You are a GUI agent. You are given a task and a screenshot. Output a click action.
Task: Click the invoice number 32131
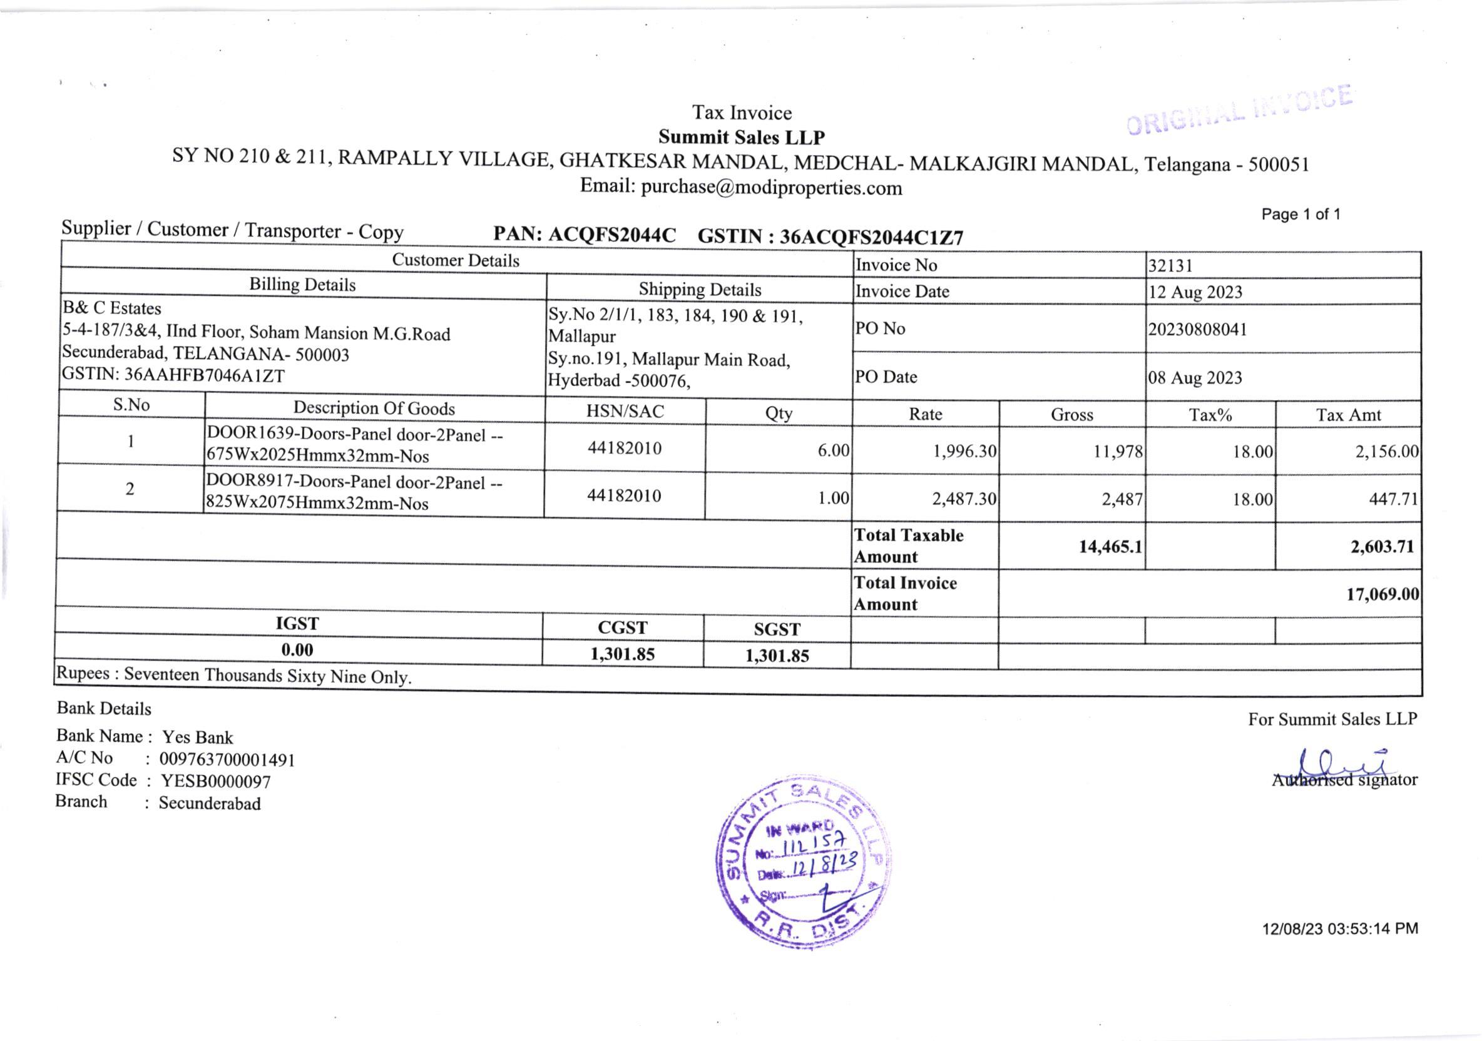click(x=1170, y=266)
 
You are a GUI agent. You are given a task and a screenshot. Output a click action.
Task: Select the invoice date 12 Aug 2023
click(x=1195, y=292)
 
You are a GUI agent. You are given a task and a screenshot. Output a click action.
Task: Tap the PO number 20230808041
click(x=1197, y=330)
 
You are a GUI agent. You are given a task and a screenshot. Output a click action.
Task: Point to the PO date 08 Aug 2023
click(x=1195, y=377)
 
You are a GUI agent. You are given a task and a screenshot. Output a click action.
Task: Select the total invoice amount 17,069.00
click(x=1382, y=594)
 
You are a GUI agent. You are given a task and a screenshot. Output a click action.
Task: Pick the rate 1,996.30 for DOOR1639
click(x=964, y=451)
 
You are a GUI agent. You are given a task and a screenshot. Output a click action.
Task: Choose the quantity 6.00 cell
click(x=832, y=450)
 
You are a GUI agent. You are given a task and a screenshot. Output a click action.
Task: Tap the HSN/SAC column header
click(x=625, y=411)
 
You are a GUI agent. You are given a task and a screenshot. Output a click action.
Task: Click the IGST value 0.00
click(x=297, y=650)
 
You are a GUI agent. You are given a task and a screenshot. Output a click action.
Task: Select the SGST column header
click(x=777, y=630)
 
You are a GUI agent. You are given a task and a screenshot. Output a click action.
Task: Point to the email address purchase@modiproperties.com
click(x=771, y=188)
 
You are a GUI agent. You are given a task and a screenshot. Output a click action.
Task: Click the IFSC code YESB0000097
click(x=215, y=782)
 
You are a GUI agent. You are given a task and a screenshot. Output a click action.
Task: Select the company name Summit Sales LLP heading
click(x=742, y=138)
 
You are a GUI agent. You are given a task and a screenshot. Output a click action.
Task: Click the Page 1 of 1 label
click(x=1301, y=214)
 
